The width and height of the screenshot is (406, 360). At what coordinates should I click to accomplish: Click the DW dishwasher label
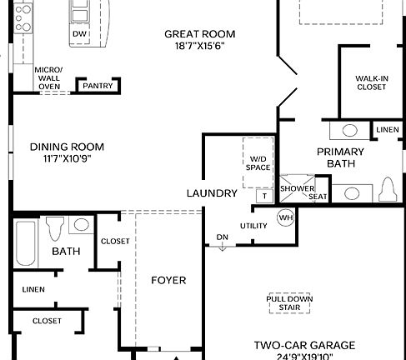(80, 33)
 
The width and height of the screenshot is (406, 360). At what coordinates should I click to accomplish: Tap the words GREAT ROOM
(199, 34)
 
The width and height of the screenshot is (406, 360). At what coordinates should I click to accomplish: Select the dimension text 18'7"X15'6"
(199, 46)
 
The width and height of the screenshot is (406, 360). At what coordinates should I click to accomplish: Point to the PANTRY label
(98, 85)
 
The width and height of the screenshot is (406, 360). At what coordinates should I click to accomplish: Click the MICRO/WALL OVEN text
(48, 77)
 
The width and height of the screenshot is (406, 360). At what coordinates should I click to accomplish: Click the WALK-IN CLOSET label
(371, 81)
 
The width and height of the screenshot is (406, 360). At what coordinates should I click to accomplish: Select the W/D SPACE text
(258, 162)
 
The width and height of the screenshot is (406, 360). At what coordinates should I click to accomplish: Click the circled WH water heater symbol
(285, 218)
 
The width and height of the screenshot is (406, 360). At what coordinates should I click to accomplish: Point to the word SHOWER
(296, 188)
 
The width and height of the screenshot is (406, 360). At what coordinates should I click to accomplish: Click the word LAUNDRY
(212, 192)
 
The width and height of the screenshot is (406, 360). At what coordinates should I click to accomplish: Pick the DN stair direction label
(222, 237)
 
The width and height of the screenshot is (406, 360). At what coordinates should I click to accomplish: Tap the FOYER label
(168, 280)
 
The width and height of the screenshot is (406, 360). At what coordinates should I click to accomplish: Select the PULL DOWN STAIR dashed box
(284, 302)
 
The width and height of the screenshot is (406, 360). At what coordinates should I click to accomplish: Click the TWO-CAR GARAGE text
(304, 345)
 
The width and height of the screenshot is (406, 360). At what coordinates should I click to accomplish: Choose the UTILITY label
(253, 226)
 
